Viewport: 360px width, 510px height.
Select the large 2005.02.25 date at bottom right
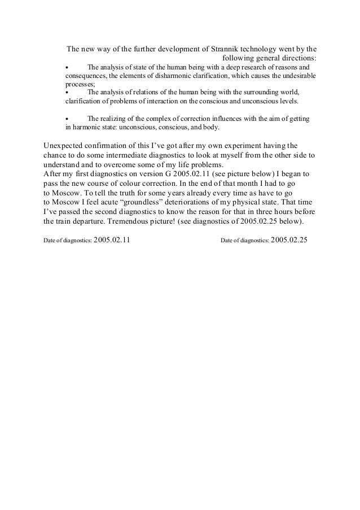coord(289,239)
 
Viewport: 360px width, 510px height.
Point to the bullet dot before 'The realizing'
coord(67,119)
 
